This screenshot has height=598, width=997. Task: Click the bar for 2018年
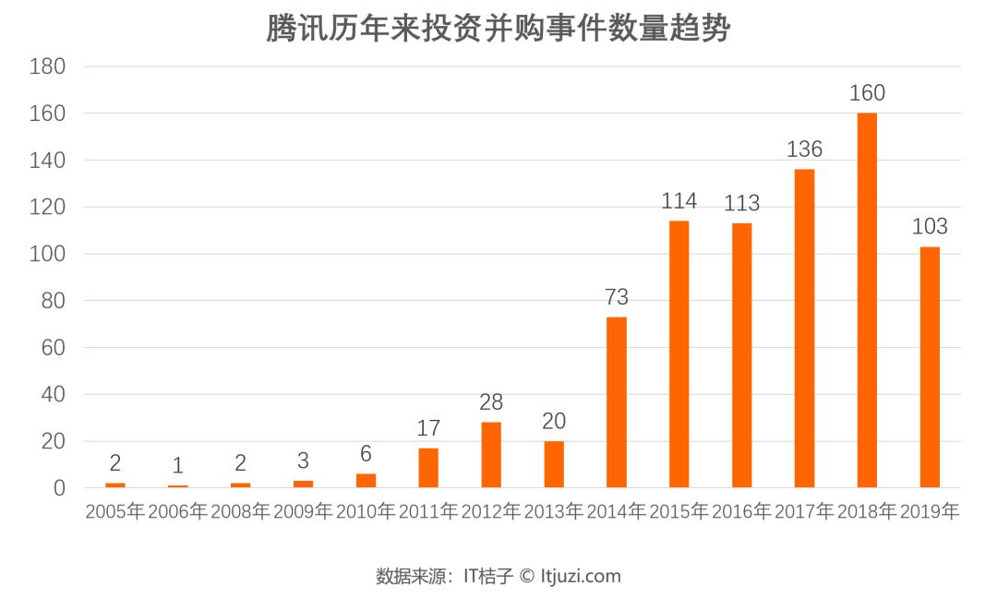(867, 300)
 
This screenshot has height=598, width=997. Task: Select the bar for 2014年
(616, 402)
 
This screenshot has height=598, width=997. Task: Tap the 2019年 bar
(930, 367)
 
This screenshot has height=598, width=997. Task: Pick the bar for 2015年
(679, 354)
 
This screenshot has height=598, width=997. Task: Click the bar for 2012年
(491, 455)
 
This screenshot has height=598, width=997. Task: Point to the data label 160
(867, 93)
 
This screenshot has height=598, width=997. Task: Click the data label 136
(804, 149)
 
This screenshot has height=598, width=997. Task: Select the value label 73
(616, 297)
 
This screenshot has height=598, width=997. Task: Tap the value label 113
(741, 203)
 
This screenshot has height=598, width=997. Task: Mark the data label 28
(491, 403)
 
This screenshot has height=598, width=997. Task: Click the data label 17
(428, 429)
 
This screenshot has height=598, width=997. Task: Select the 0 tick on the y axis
(58, 488)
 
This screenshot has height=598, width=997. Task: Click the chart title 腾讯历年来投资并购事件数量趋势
(498, 29)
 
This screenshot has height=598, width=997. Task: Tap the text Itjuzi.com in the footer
(581, 577)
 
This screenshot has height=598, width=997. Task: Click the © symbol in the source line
(526, 577)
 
